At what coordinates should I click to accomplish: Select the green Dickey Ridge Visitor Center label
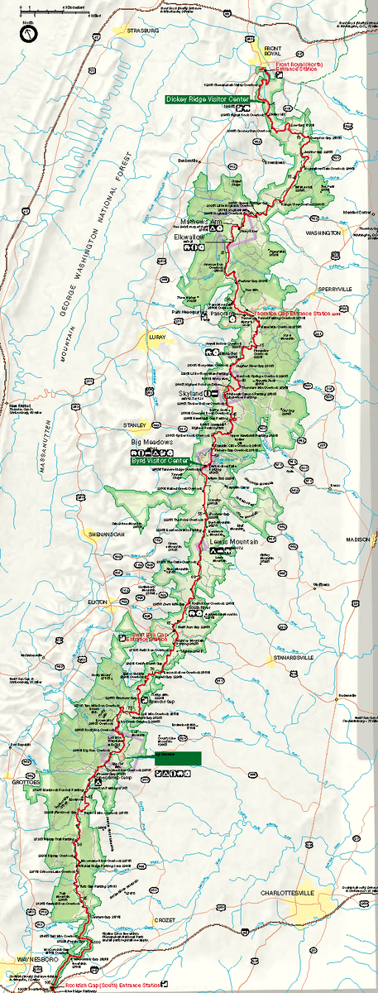pyautogui.click(x=207, y=98)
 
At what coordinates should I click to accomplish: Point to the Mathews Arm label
pyautogui.click(x=203, y=222)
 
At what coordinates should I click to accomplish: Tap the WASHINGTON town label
pyautogui.click(x=323, y=234)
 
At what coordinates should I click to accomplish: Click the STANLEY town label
pyautogui.click(x=135, y=425)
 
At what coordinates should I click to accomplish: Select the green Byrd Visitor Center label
pyautogui.click(x=160, y=459)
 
